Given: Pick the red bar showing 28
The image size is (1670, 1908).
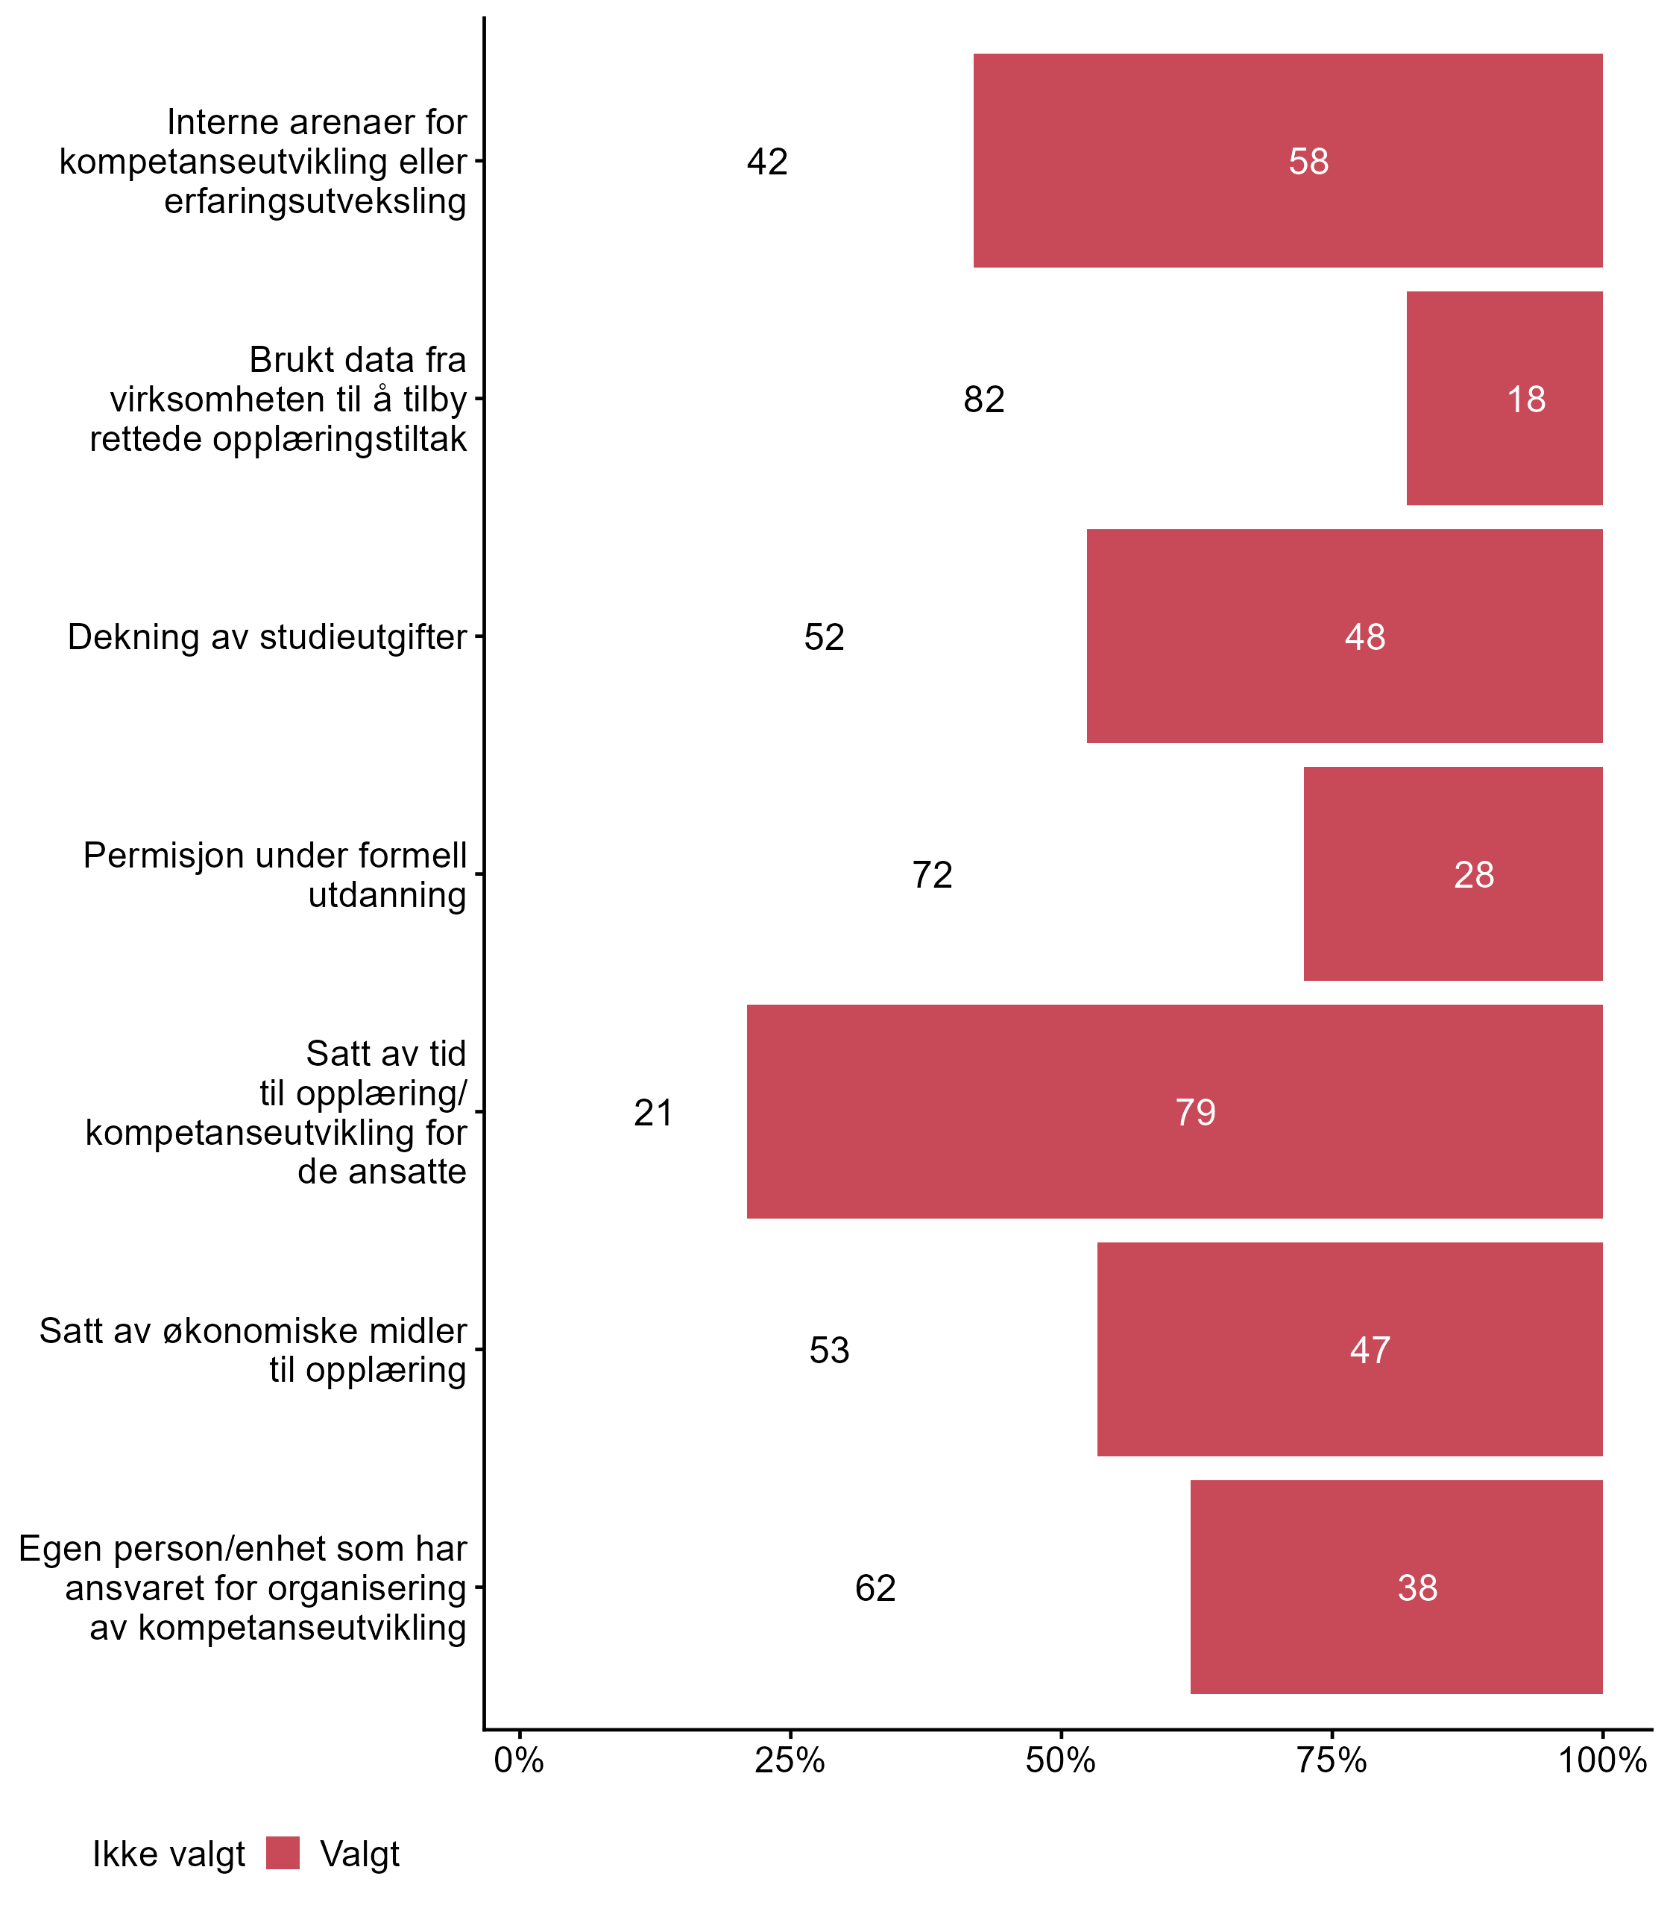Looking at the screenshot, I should pyautogui.click(x=1452, y=873).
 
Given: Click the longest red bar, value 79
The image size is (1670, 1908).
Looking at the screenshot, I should pyautogui.click(x=1174, y=1111).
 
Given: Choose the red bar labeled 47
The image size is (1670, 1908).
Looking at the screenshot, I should pyautogui.click(x=1349, y=1348).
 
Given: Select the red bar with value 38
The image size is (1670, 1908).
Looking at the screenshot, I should pyautogui.click(x=1396, y=1587).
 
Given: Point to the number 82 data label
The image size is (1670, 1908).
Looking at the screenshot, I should pyautogui.click(x=983, y=399).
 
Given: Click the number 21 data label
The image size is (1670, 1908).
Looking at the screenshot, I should pyautogui.click(x=653, y=1112).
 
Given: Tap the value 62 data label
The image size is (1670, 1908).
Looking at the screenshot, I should pyautogui.click(x=875, y=1588).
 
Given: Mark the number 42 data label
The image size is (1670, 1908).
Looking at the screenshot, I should pyautogui.click(x=767, y=162).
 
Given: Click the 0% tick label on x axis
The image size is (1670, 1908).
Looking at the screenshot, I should pyautogui.click(x=519, y=1760).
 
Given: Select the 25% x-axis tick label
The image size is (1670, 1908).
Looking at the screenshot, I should pyautogui.click(x=790, y=1760).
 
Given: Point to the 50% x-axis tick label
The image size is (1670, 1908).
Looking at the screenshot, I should pyautogui.click(x=1060, y=1760).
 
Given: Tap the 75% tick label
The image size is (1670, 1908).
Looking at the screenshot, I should pyautogui.click(x=1332, y=1760).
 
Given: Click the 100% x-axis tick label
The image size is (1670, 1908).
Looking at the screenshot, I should pyautogui.click(x=1601, y=1760).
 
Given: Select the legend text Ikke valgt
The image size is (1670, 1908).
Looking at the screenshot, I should pyautogui.click(x=168, y=1854).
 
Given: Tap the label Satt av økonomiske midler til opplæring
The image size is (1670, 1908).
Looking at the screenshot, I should pyautogui.click(x=253, y=1350).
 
